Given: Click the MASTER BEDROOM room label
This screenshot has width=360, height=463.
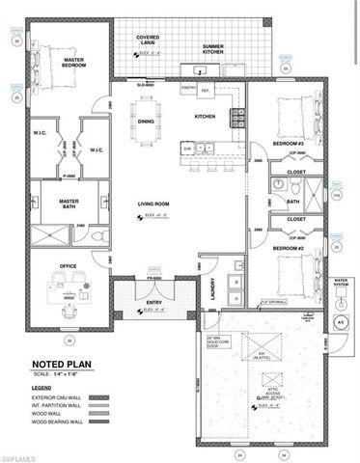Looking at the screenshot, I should [74, 63].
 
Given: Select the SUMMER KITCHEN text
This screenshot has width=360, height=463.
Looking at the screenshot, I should [214, 49].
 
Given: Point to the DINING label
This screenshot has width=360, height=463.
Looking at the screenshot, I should [146, 121].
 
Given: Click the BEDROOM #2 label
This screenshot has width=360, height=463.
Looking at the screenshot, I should [287, 248].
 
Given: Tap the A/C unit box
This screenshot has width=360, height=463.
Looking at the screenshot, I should [339, 320].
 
